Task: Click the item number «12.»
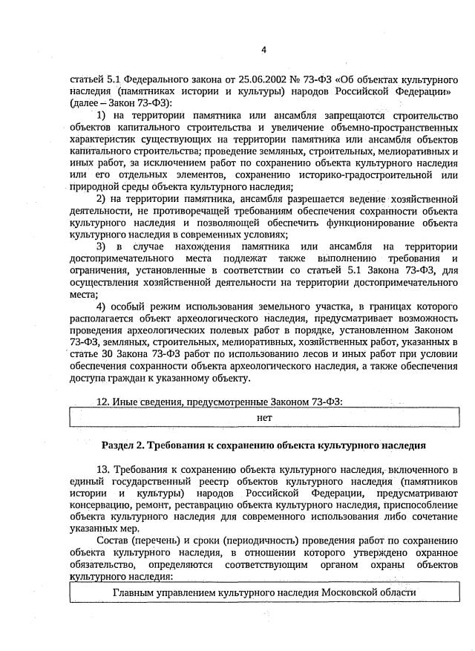[x=106, y=402]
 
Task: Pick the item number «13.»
[x=105, y=470]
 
